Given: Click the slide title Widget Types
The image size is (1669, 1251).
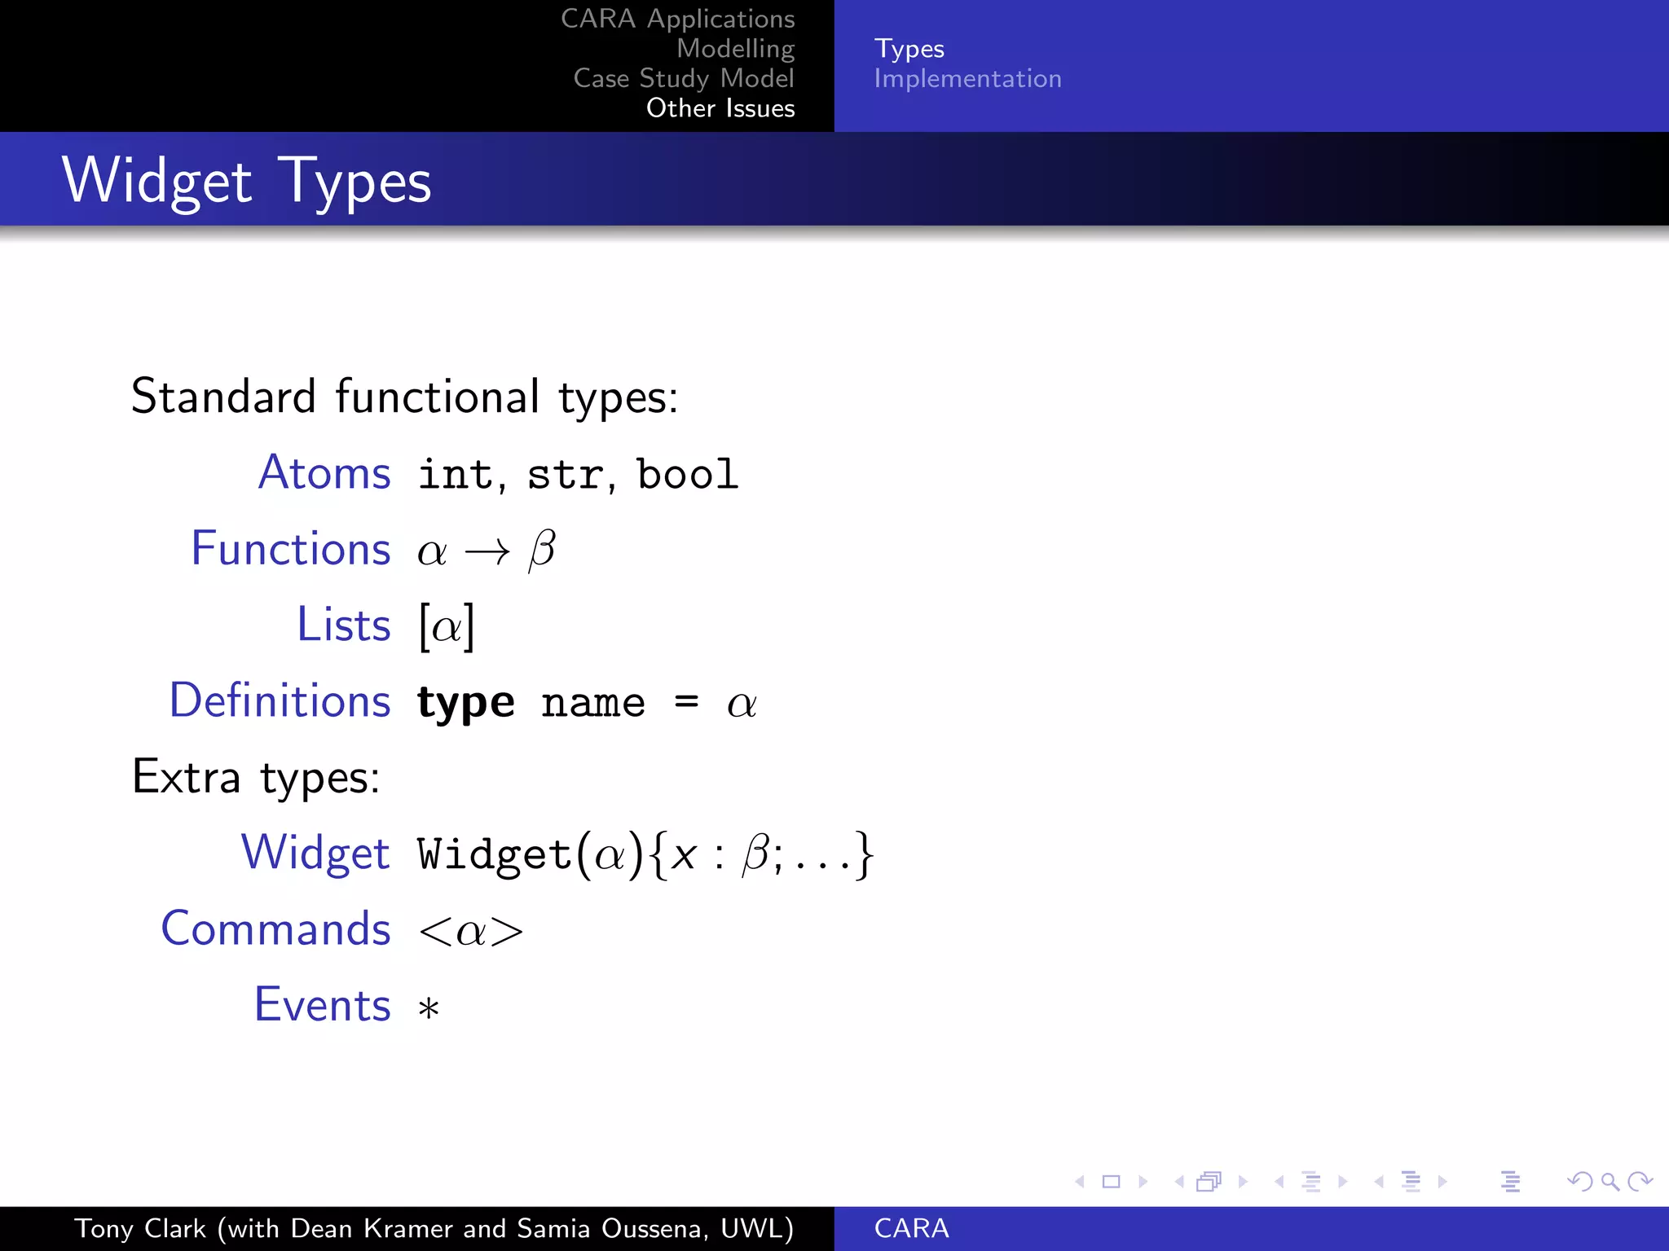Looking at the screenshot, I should [x=246, y=181].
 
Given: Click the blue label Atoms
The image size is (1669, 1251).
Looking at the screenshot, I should [x=324, y=472].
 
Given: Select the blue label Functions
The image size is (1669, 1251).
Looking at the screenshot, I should [x=290, y=548].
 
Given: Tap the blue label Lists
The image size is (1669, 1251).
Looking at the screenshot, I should [x=343, y=625].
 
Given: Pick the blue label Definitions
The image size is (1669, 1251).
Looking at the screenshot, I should [x=280, y=700].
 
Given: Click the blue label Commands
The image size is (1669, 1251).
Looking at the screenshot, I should [x=275, y=928].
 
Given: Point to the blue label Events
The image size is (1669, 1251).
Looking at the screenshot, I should [x=322, y=1004].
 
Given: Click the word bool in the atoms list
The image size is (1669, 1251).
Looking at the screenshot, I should [x=687, y=474].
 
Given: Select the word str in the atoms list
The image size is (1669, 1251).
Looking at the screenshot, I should [x=565, y=475].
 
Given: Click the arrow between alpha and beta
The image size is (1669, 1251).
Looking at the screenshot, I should [x=487, y=552].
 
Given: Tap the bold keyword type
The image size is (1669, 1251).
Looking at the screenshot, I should [x=465, y=703].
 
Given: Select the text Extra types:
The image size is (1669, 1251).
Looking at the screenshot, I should [x=256, y=777].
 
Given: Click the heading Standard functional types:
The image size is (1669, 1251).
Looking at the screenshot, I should [x=404, y=397].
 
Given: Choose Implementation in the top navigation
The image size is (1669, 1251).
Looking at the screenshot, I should [x=967, y=79].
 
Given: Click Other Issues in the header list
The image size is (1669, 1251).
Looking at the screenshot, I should [x=720, y=108].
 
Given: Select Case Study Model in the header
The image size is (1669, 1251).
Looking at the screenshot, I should [x=683, y=78].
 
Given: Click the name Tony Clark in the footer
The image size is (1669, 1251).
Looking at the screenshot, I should [x=140, y=1228].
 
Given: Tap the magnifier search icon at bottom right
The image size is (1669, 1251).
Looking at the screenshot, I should [x=1610, y=1181].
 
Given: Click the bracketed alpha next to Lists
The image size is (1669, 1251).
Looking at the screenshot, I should [x=447, y=626].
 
